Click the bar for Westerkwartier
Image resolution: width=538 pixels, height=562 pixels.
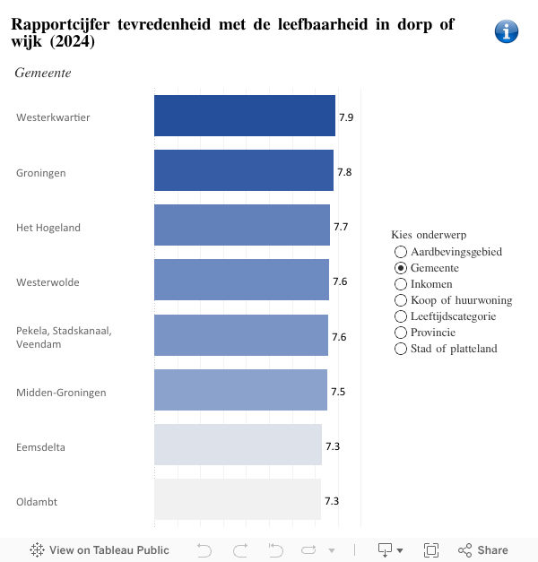244,117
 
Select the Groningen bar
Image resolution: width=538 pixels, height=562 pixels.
243,171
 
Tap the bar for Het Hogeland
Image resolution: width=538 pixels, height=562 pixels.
241,226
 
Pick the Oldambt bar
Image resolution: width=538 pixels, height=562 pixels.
237,500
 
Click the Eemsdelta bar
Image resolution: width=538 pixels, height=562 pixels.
238,445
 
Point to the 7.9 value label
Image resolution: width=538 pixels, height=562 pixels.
346,117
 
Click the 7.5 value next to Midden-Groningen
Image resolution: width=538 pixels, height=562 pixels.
338,392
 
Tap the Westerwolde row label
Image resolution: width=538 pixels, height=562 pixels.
48,282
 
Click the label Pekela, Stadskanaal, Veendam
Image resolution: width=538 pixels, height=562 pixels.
64,337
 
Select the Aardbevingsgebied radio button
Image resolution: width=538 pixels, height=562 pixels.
401,252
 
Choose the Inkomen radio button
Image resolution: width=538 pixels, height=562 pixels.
401,284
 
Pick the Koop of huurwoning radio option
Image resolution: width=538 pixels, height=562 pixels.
401,300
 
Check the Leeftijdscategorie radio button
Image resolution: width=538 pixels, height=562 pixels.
401,316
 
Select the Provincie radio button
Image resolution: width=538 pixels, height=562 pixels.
401,333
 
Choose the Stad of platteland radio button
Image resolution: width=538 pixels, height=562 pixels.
401,349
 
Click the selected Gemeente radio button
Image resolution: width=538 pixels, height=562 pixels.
401,268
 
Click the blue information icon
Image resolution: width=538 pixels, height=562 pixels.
507,31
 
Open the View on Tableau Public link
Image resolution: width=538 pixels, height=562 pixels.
100,550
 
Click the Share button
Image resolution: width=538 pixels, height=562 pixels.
483,550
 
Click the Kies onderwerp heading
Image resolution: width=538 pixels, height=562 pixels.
429,235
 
